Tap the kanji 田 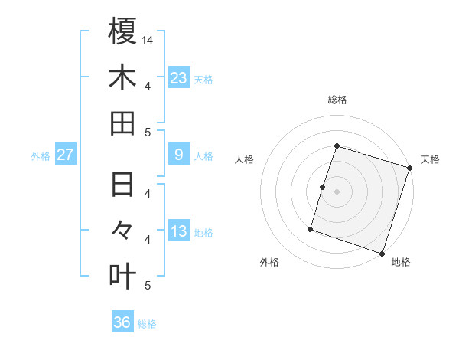point(122,123)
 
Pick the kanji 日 point(122,185)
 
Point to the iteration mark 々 point(122,231)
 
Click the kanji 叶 point(122,276)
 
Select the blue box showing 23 point(179,77)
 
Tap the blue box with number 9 point(179,155)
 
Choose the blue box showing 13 point(179,231)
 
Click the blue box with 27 point(66,155)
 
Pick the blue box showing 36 point(122,322)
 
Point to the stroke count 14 point(148,39)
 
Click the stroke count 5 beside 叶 point(148,286)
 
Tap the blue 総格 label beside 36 point(147,324)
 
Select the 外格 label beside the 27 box point(41,156)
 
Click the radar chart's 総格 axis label point(337,100)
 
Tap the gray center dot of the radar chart point(337,191)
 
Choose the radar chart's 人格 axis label point(245,159)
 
